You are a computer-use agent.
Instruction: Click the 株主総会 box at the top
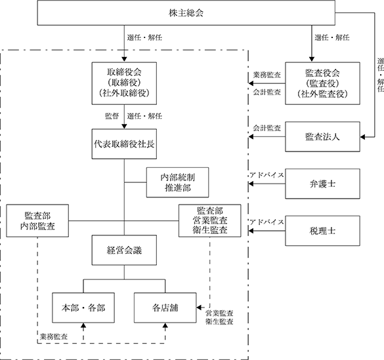point(186,12)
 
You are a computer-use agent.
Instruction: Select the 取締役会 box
point(124,83)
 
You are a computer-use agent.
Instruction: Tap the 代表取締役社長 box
point(124,144)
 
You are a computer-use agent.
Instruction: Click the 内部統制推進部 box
point(177,182)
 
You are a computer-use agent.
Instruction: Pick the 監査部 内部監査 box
point(37,221)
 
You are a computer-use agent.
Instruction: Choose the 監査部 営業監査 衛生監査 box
point(210,221)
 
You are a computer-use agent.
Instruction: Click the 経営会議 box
point(124,250)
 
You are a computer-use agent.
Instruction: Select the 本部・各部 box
point(83,308)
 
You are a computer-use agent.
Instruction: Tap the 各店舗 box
point(165,308)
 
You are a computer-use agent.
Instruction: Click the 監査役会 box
point(322,83)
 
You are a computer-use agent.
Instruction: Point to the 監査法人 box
point(322,136)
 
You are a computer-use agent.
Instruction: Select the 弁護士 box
point(322,184)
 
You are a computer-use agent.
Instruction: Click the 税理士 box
point(322,231)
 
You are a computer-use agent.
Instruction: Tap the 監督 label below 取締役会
point(112,116)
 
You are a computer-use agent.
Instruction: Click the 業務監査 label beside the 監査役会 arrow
point(267,75)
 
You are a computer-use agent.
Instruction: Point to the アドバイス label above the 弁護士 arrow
point(267,175)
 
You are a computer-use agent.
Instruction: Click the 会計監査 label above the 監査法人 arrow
point(267,128)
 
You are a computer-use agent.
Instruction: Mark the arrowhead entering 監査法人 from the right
point(362,137)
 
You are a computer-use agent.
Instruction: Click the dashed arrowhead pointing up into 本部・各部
point(83,325)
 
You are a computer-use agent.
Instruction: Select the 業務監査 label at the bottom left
point(54,337)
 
